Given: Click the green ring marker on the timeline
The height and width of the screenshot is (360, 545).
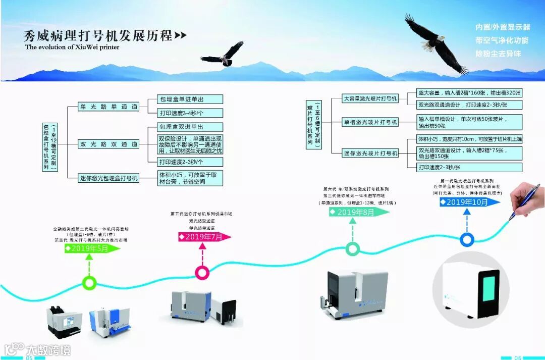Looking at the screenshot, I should tap(90, 283).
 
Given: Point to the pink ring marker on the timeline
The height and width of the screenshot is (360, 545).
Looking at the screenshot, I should tap(202, 273).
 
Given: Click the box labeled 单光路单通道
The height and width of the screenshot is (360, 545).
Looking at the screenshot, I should tap(108, 107).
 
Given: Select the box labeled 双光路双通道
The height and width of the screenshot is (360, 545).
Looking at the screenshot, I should tap(108, 144).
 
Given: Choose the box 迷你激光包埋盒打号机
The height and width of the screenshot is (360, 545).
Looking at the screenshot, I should tap(108, 178).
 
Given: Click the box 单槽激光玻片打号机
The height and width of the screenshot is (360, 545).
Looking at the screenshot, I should tap(370, 122).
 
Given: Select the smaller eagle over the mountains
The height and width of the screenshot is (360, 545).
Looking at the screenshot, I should tap(224, 55).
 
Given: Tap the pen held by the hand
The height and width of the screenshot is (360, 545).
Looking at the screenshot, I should tap(525, 200).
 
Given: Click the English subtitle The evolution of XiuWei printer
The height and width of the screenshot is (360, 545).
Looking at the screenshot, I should tap(72, 47).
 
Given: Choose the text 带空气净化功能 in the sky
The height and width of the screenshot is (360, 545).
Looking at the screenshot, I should tap(502, 40).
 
